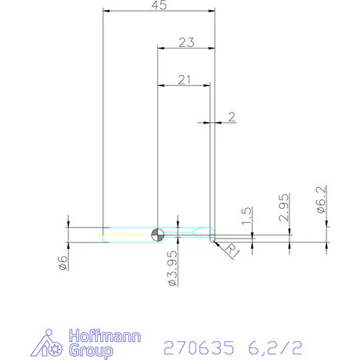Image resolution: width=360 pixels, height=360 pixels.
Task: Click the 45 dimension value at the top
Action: click(x=160, y=5)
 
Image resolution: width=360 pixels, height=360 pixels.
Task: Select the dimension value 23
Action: click(x=185, y=42)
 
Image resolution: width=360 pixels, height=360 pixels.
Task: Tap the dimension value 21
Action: click(x=185, y=78)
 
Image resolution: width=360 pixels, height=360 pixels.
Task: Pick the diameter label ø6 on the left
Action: click(x=65, y=263)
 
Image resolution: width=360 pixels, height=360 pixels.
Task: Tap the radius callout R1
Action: click(x=231, y=251)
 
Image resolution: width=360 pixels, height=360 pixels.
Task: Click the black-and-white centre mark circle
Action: click(x=158, y=232)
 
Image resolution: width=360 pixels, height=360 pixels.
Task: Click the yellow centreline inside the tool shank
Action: click(x=125, y=232)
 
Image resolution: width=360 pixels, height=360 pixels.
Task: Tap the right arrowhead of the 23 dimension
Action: click(x=211, y=48)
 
